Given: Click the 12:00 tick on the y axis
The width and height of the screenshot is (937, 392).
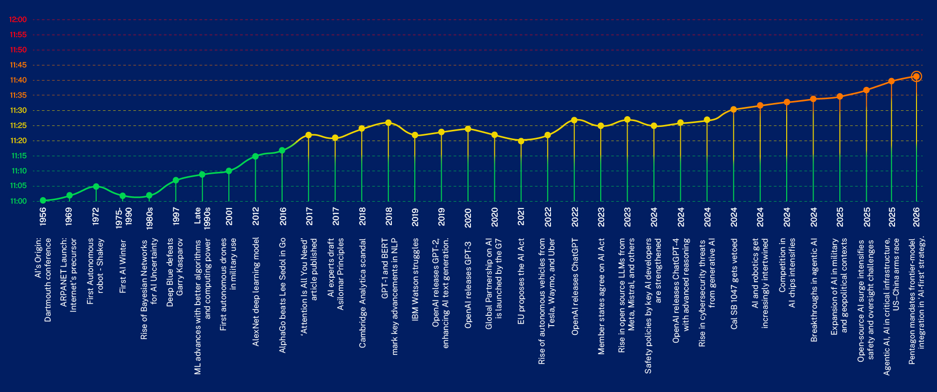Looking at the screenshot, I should coord(18,20).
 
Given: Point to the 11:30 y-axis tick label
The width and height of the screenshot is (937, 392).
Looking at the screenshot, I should coord(18,110).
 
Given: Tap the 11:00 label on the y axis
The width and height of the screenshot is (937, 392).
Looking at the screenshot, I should coord(18,201).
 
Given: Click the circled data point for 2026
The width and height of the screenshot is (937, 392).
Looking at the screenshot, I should coord(916,77).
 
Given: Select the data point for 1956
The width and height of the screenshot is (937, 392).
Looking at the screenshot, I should coord(43,200).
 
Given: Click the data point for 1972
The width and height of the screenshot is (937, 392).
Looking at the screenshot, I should coord(96,186).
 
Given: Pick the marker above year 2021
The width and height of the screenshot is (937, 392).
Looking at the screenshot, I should coord(521,141).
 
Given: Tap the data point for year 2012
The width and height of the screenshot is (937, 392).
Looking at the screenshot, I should coord(255,156).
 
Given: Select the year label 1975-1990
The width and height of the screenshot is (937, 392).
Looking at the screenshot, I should coord(123,216).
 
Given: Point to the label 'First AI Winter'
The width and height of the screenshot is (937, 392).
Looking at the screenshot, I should coord(123,266).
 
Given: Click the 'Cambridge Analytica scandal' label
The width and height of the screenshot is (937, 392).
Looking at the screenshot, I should coord(362,293).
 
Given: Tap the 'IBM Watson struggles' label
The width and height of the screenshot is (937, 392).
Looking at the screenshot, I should coord(415,279).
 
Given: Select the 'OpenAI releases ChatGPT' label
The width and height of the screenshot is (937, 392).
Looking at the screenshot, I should coord(574,287).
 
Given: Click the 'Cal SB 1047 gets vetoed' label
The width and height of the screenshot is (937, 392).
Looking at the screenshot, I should coord(734,284).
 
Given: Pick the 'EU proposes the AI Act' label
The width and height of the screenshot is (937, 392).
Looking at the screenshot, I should coord(521,281).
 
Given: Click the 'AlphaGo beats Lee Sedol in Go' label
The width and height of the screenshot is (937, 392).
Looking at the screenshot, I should coord(283,295).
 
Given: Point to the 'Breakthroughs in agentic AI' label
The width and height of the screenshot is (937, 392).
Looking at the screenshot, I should coord(814,290).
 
